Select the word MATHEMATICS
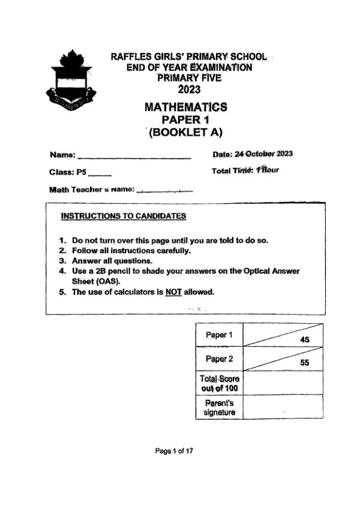click(x=186, y=107)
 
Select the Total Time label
click(x=233, y=171)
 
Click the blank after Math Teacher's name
click(x=164, y=192)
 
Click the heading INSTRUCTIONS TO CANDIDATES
click(x=124, y=216)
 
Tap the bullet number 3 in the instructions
click(x=62, y=261)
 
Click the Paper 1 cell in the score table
click(x=219, y=335)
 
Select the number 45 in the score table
click(x=304, y=339)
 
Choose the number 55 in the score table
click(x=304, y=363)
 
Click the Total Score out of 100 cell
click(x=219, y=383)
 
